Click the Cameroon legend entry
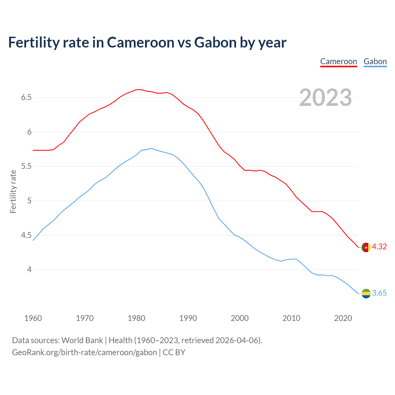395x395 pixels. coord(339,61)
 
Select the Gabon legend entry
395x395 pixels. coord(375,61)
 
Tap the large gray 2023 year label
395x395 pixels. coord(326,98)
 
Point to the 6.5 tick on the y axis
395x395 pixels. coord(26,98)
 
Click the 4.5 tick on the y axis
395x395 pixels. coord(26,235)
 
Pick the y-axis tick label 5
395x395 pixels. coord(29,201)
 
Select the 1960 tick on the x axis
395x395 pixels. coord(33,318)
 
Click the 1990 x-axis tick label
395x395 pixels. coord(188,318)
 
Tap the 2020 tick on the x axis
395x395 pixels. coord(343,318)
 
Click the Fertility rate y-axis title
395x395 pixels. coord(13,191)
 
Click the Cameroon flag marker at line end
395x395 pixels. coord(366,247)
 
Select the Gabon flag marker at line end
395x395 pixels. coord(366,293)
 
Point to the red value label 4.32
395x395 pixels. coord(379,247)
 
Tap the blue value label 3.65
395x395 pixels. coord(379,293)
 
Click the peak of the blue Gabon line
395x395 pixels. coord(152,148)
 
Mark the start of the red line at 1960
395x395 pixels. coord(33,150)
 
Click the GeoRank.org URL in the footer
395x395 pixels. coord(84,352)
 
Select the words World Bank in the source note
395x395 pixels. coord(82,340)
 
